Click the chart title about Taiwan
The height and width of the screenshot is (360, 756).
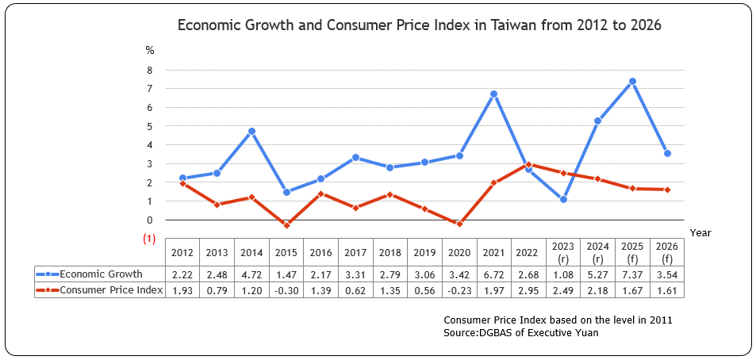click(x=419, y=25)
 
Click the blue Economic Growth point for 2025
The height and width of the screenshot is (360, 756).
click(x=632, y=81)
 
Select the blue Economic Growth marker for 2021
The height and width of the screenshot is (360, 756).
click(x=493, y=94)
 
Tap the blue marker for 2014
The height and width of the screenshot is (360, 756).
click(x=251, y=131)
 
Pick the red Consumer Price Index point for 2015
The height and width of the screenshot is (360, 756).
click(x=286, y=225)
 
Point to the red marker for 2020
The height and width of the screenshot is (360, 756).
click(x=459, y=224)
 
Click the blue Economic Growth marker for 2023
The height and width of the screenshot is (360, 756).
click(x=563, y=199)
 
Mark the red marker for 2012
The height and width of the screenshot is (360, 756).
click(x=182, y=183)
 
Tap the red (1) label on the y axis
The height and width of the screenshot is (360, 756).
click(x=149, y=238)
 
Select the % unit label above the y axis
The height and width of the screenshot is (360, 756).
click(x=149, y=50)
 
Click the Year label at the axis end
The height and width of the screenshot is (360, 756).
click(x=700, y=232)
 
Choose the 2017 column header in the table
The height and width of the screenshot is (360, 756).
click(x=355, y=253)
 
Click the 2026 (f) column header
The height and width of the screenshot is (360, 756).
click(x=666, y=253)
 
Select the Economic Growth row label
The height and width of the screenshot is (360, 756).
click(x=102, y=274)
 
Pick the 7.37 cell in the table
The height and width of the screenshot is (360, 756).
click(x=632, y=274)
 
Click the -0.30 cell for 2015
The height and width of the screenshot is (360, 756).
click(x=286, y=290)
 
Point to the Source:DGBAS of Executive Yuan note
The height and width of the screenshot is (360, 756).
click(x=521, y=333)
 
